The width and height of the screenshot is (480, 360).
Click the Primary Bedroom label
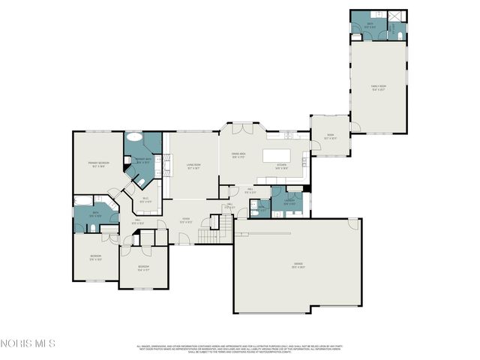[x=98, y=163]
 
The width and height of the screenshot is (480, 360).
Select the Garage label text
[x=298, y=266]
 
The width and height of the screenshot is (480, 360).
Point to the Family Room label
[x=379, y=88]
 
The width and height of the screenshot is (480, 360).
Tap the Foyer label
[x=185, y=221]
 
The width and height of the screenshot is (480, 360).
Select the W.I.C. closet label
[x=145, y=200]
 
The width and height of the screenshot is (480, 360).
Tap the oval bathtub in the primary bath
[x=133, y=138]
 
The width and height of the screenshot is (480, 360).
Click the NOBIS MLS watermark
[x=28, y=343]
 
